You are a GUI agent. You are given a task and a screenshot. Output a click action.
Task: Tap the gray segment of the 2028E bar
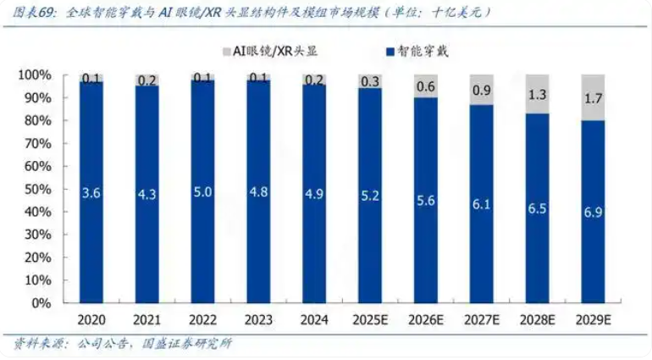tap(536, 94)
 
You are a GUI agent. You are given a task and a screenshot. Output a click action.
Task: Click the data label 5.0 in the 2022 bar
tap(202, 192)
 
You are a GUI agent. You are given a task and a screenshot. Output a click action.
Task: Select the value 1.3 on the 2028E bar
tap(536, 95)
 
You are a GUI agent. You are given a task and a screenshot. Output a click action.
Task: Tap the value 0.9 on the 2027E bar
tap(481, 89)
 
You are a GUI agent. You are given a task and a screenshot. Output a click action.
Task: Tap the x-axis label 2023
tap(258, 320)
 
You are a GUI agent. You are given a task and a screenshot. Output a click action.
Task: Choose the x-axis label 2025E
tap(369, 320)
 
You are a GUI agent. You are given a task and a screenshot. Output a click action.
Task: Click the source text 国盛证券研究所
tap(192, 344)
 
